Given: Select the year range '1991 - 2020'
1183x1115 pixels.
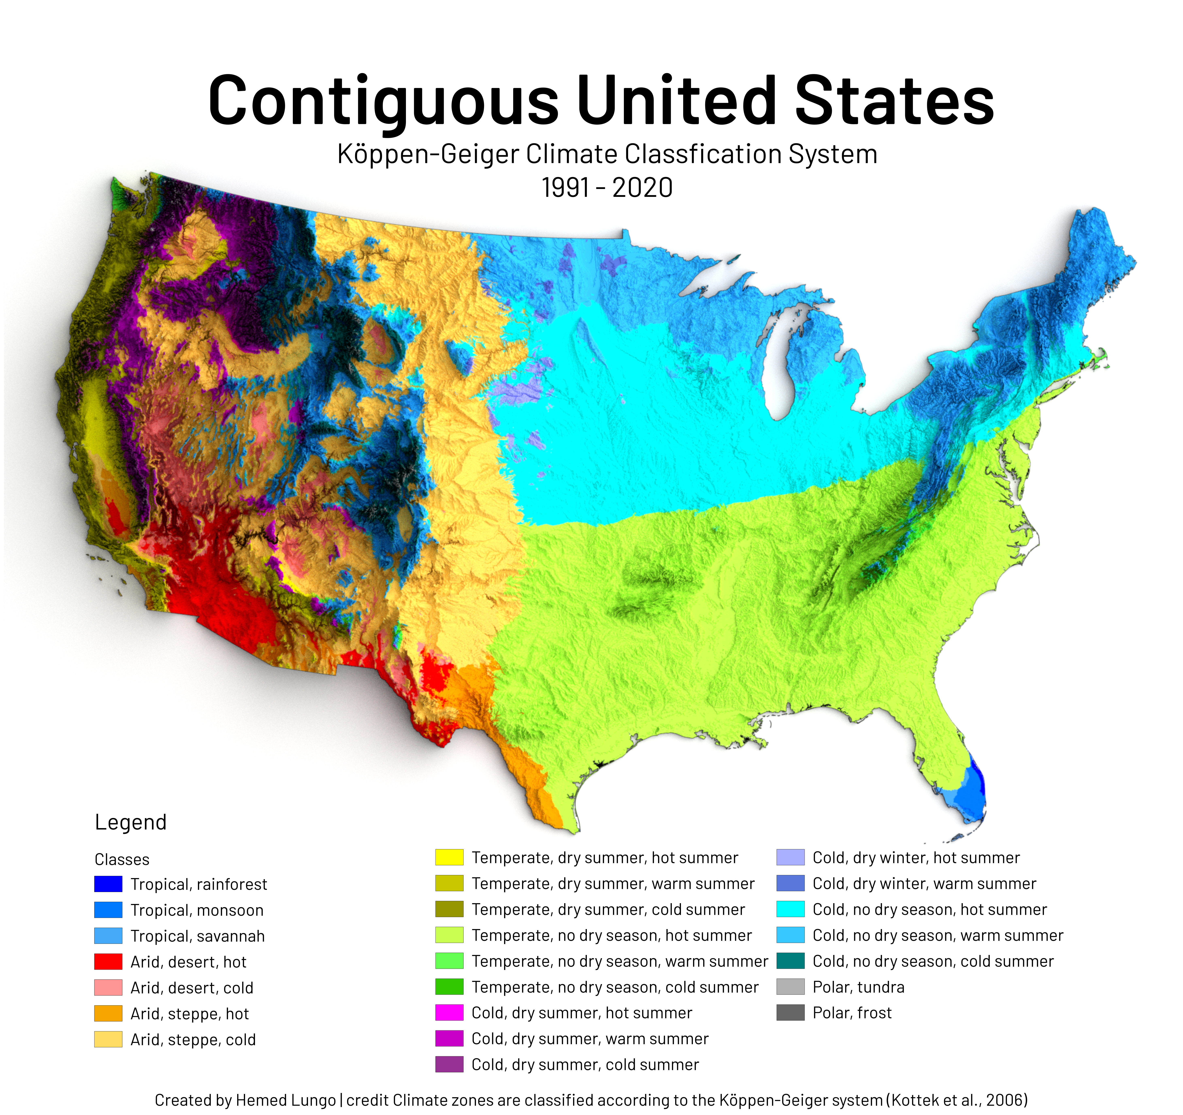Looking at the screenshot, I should [x=607, y=188].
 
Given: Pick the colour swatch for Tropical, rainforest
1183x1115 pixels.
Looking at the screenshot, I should [x=108, y=884].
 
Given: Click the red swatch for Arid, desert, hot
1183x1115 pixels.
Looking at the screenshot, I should [x=108, y=961].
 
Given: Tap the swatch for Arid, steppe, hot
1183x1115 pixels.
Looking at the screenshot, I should [x=108, y=1013].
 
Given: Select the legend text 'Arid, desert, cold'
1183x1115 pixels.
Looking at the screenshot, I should [x=192, y=988].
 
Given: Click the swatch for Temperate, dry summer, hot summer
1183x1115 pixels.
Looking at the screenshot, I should [x=449, y=857].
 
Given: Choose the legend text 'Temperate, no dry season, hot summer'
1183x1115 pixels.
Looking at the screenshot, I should [x=612, y=935].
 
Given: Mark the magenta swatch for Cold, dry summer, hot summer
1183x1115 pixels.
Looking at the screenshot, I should [x=449, y=1013].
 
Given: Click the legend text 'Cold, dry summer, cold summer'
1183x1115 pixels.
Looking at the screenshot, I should [x=585, y=1064].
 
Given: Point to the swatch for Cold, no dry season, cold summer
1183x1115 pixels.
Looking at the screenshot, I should [x=790, y=961].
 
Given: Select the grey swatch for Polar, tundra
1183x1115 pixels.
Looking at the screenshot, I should [x=790, y=987].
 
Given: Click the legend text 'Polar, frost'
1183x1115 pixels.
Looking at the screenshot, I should [x=852, y=1013].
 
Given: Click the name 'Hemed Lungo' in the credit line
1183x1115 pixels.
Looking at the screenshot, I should [x=286, y=1100].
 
